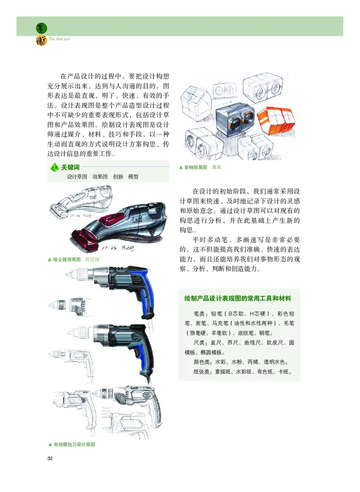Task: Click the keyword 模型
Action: click(x=133, y=177)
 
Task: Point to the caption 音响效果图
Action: click(x=195, y=167)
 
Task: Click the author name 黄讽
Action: click(x=217, y=167)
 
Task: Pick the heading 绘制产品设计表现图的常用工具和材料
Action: click(x=238, y=298)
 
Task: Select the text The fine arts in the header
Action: click(x=59, y=39)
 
